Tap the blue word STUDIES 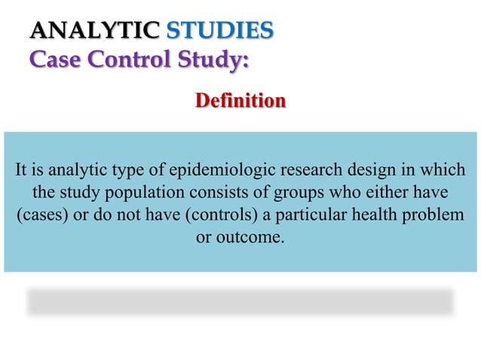point(219,31)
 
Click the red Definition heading point(240,100)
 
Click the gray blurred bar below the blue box point(240,301)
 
